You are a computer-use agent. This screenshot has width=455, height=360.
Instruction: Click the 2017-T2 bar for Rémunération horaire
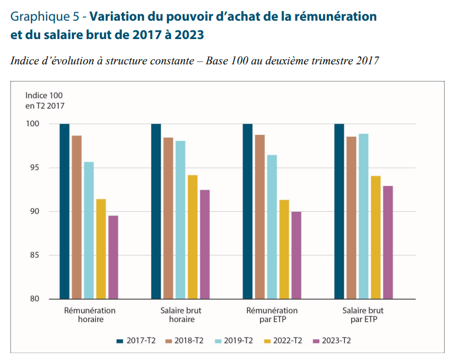(64, 211)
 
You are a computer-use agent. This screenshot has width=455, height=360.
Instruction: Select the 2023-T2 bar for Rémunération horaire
(113, 257)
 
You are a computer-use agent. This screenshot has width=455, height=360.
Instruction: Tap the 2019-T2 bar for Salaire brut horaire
(180, 220)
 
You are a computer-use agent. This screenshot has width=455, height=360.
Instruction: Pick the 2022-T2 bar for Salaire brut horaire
(192, 237)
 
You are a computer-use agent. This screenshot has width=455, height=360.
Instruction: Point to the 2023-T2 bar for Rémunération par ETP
(296, 256)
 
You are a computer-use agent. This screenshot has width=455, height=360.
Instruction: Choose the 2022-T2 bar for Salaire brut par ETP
(376, 237)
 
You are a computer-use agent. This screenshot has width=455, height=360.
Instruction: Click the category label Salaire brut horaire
(181, 315)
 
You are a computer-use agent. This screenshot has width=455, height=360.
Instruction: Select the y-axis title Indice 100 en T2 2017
(44, 100)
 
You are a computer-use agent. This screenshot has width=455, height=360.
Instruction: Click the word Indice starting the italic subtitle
(25, 60)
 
